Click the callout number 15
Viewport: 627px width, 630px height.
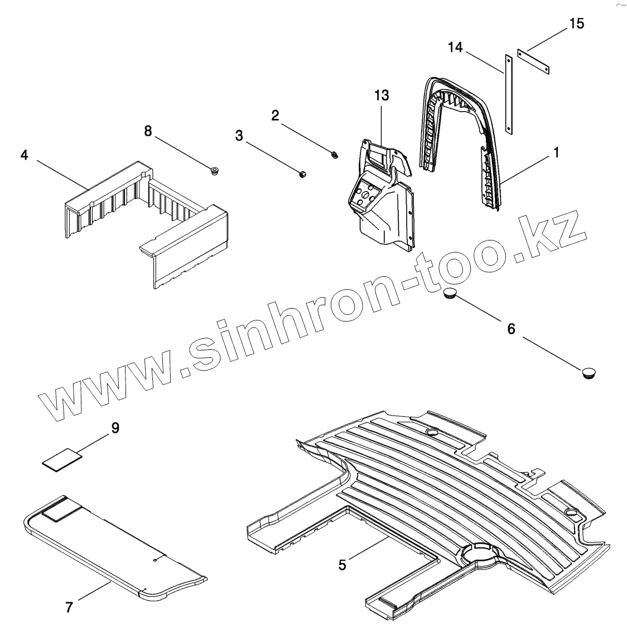577,24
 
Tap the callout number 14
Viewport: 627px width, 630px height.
455,48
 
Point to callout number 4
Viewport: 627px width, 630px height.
24,155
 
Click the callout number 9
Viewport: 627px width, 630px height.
115,428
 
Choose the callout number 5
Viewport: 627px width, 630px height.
343,565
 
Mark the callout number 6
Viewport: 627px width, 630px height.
511,329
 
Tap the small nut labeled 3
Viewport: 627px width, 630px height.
300,175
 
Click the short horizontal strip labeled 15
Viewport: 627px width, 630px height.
534,61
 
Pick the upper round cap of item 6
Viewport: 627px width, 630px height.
451,294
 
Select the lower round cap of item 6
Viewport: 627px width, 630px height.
588,371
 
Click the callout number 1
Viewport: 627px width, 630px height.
556,152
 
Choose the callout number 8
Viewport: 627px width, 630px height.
147,131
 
